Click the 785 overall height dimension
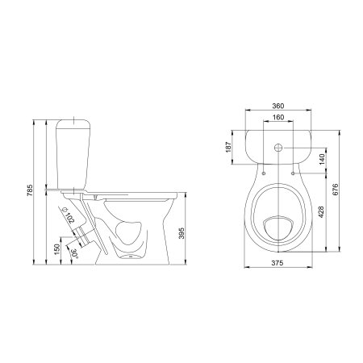31,190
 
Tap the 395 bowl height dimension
181,233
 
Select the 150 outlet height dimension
56,249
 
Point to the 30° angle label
74,253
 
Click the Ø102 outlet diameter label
67,215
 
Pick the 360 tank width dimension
278,106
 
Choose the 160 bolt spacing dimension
278,117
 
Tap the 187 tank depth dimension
228,147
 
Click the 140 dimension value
323,159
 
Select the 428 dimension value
321,212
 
